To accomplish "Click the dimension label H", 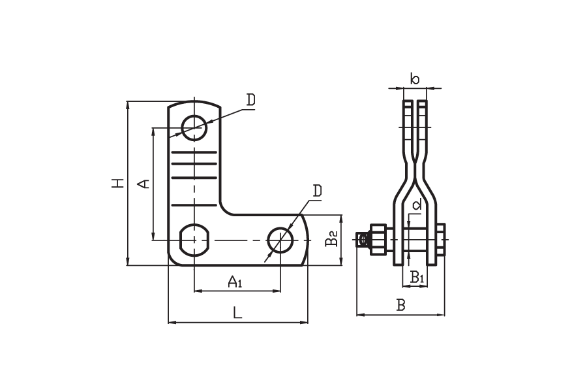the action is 118,184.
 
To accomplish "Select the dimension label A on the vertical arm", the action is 143,184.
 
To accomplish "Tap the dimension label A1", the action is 235,282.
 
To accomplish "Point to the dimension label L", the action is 237,312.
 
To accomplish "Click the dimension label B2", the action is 331,238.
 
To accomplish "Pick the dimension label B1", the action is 417,277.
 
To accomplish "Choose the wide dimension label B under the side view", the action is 401,305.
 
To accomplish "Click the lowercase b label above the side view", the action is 415,79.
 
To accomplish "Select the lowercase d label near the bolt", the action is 417,204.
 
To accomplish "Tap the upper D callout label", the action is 251,100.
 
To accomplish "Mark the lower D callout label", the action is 317,191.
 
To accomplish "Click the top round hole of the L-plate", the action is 194,127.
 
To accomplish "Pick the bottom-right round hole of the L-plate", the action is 280,240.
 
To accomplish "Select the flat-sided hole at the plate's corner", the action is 194,240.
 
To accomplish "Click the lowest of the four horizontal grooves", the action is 194,205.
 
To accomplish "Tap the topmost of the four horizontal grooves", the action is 194,152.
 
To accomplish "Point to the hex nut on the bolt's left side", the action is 378,240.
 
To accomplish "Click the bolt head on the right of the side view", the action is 441,240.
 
